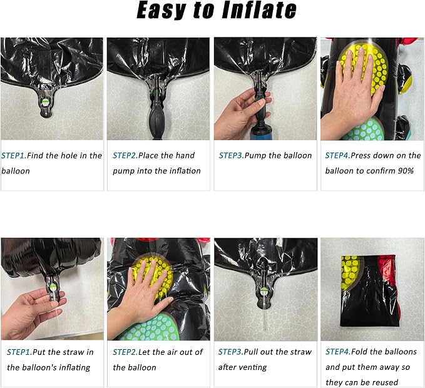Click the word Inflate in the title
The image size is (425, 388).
(259, 10)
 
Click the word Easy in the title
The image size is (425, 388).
(161, 11)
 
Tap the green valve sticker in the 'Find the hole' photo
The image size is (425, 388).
(46, 102)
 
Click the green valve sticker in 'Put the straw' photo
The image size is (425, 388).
(53, 287)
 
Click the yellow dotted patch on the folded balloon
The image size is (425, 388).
(349, 272)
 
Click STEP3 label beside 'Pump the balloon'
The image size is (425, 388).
(231, 156)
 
